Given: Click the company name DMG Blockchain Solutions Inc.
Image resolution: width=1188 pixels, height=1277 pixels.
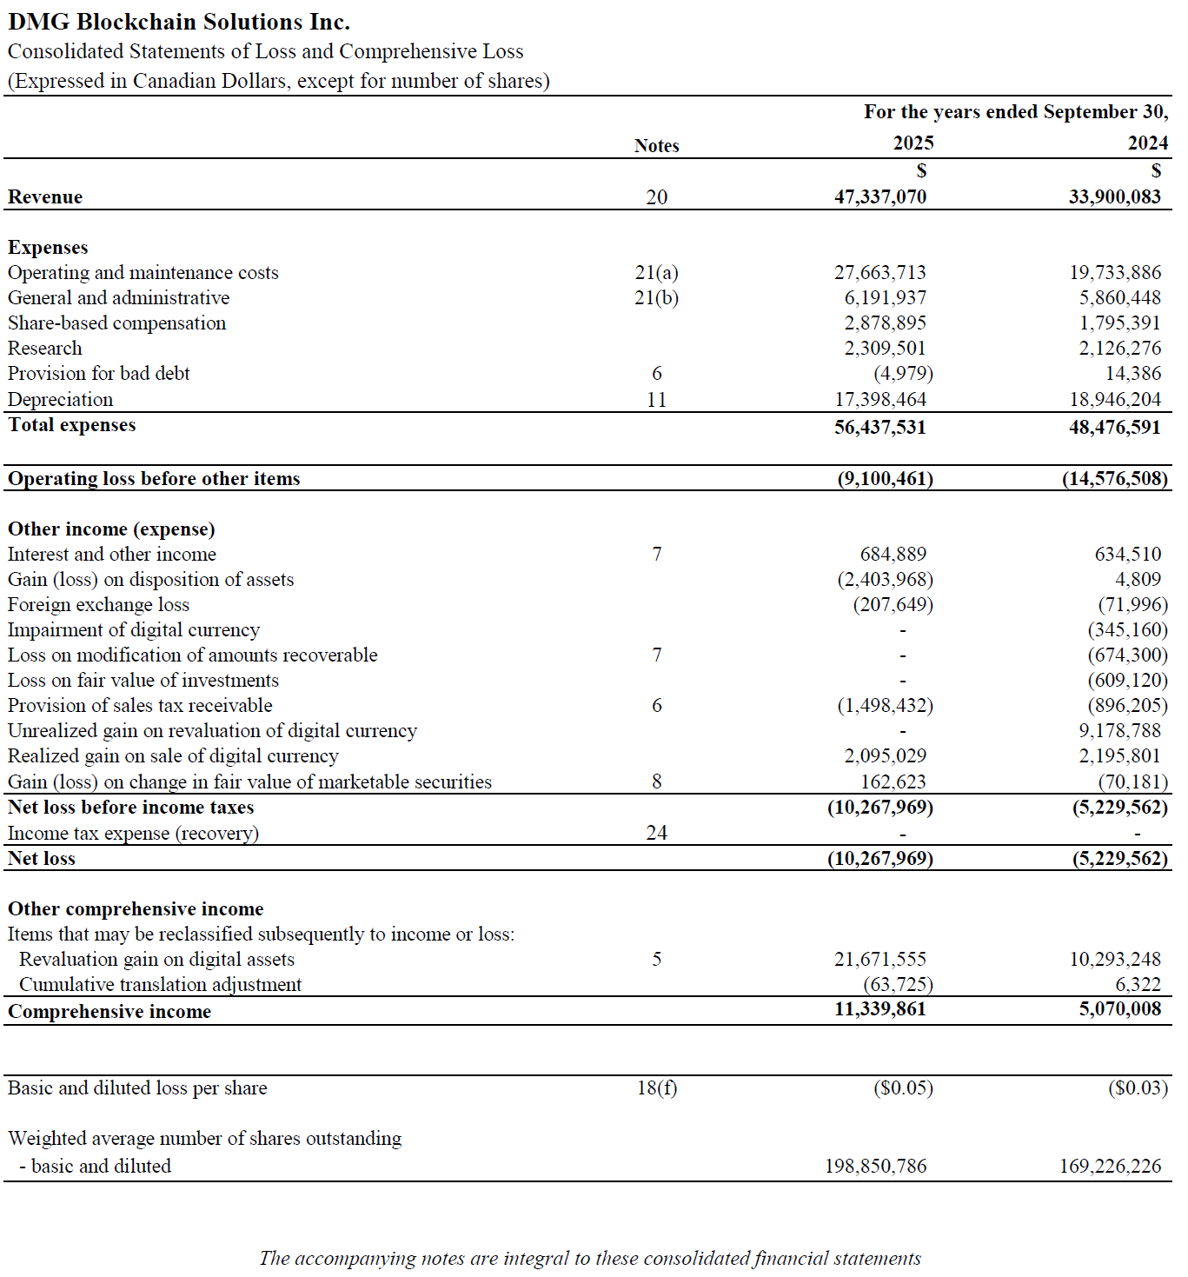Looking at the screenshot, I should pyautogui.click(x=179, y=22).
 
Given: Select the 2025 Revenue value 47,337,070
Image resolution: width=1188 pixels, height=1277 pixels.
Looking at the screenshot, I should pyautogui.click(x=879, y=196).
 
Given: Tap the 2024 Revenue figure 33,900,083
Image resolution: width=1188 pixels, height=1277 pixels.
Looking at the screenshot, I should pyautogui.click(x=1114, y=196).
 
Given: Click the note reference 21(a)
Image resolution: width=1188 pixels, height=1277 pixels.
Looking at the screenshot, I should pyautogui.click(x=656, y=273).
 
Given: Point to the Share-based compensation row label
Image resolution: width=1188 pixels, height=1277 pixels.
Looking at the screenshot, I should pyautogui.click(x=116, y=323).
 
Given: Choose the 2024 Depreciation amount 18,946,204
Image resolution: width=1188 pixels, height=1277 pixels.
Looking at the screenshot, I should pyautogui.click(x=1114, y=400).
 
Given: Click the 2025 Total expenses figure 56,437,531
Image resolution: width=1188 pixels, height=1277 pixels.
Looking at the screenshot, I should pyautogui.click(x=879, y=427).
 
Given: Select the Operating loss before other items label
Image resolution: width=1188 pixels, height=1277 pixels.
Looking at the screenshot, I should pyautogui.click(x=154, y=479).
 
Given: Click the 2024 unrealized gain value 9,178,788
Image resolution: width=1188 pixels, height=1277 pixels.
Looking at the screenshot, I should pyautogui.click(x=1119, y=731).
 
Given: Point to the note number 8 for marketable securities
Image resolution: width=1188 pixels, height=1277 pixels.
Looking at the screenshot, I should pyautogui.click(x=657, y=781).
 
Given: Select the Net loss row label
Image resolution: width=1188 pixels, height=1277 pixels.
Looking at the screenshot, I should pyautogui.click(x=42, y=859).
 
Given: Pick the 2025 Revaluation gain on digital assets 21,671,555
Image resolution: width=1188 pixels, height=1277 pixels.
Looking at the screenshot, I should pyautogui.click(x=879, y=960).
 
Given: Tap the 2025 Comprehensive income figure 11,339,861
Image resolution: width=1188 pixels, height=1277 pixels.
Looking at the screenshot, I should pyautogui.click(x=879, y=1009).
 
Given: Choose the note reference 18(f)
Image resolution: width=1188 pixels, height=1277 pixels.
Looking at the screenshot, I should pyautogui.click(x=657, y=1088).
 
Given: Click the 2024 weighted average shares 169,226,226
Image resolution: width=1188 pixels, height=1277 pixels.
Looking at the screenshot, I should pyautogui.click(x=1110, y=1167).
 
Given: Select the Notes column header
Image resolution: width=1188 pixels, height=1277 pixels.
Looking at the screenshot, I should pyautogui.click(x=656, y=146).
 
